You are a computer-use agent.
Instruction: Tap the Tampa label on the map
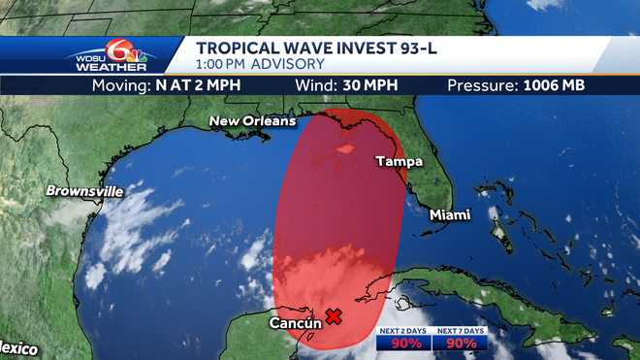[x=400, y=161]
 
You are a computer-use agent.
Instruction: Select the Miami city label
[x=450, y=213]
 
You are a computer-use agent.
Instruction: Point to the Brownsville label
[x=84, y=191]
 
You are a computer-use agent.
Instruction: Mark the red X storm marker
[x=333, y=315]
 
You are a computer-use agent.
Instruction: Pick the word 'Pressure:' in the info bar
[x=481, y=85]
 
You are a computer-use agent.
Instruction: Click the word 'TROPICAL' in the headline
[x=239, y=47]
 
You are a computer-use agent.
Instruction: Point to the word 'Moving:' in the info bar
[x=122, y=85]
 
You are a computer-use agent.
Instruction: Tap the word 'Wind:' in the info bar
[x=314, y=85]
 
